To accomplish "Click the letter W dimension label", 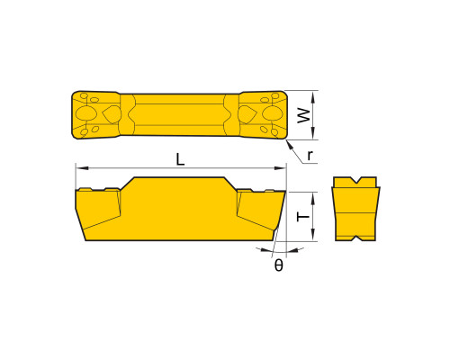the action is click(304, 115).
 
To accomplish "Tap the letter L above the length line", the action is click(180, 159).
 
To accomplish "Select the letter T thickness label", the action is click(303, 216).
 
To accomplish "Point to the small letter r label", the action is click(310, 156).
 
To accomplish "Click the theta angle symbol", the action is click(279, 265).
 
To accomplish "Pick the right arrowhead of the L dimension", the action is click(281, 168).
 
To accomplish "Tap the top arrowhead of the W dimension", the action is click(313, 96).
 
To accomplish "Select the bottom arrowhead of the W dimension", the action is click(313, 133).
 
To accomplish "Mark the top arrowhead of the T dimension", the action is click(313, 198).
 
